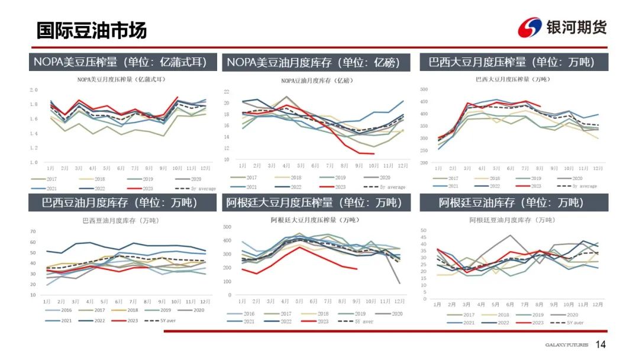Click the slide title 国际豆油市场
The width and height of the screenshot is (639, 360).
pyautogui.click(x=92, y=30)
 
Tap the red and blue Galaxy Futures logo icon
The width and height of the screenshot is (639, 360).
pyautogui.click(x=529, y=27)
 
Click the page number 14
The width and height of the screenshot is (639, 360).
pyautogui.click(x=601, y=345)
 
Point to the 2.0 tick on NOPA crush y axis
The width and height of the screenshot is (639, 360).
pyautogui.click(x=34, y=90)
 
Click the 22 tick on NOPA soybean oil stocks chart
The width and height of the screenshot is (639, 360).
pyautogui.click(x=227, y=92)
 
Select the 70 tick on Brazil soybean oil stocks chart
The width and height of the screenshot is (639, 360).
pyautogui.click(x=33, y=232)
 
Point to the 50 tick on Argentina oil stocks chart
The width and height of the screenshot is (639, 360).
pyautogui.click(x=423, y=230)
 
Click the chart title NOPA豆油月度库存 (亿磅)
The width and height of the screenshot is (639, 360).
pyautogui.click(x=315, y=81)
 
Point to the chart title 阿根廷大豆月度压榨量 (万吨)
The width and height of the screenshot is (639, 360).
pyautogui.click(x=314, y=220)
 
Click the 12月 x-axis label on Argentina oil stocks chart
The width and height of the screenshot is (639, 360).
pyautogui.click(x=598, y=304)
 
